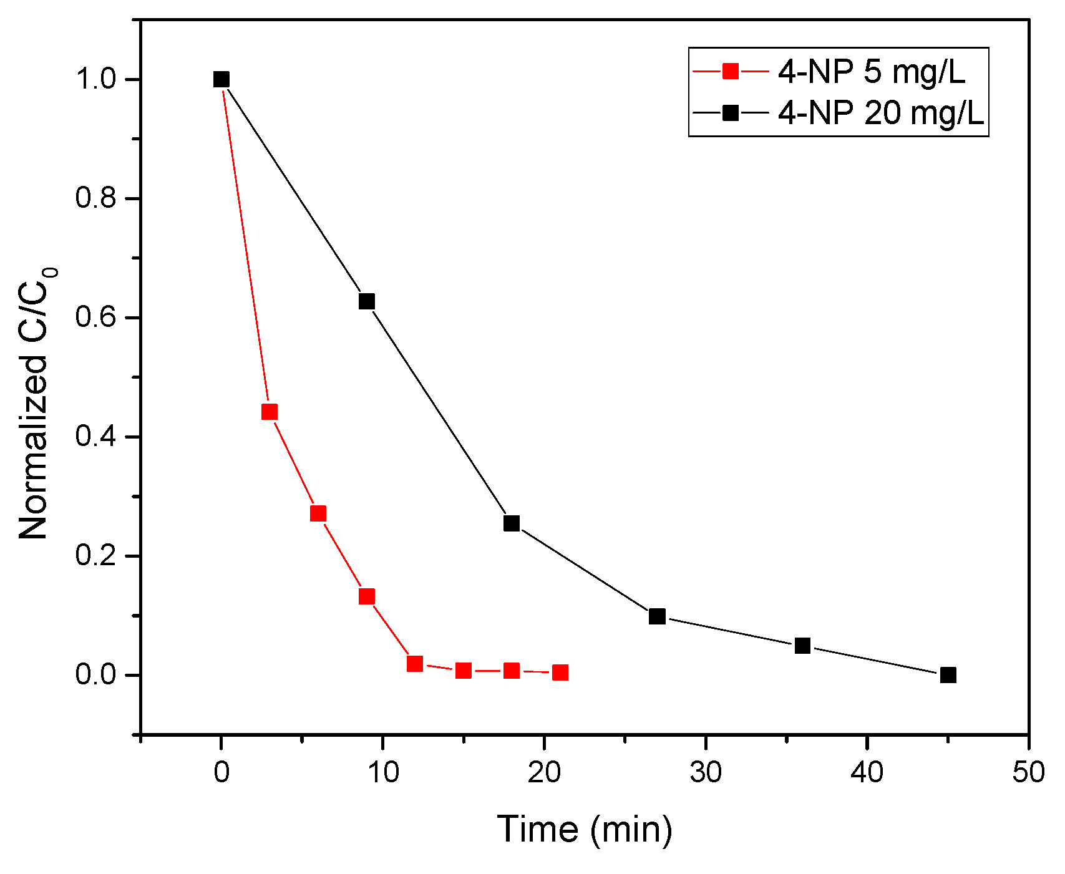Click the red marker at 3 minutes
point(270,412)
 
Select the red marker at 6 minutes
point(318,513)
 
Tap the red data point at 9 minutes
point(367,596)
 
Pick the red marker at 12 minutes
point(415,663)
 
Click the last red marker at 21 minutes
point(560,672)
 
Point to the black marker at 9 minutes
point(367,301)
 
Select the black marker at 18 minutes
point(512,523)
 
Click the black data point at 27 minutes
point(657,616)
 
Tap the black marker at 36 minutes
point(803,645)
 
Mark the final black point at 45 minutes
point(948,674)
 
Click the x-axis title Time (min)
point(585,830)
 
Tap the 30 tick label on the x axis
point(706,772)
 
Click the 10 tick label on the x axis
point(382,772)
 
